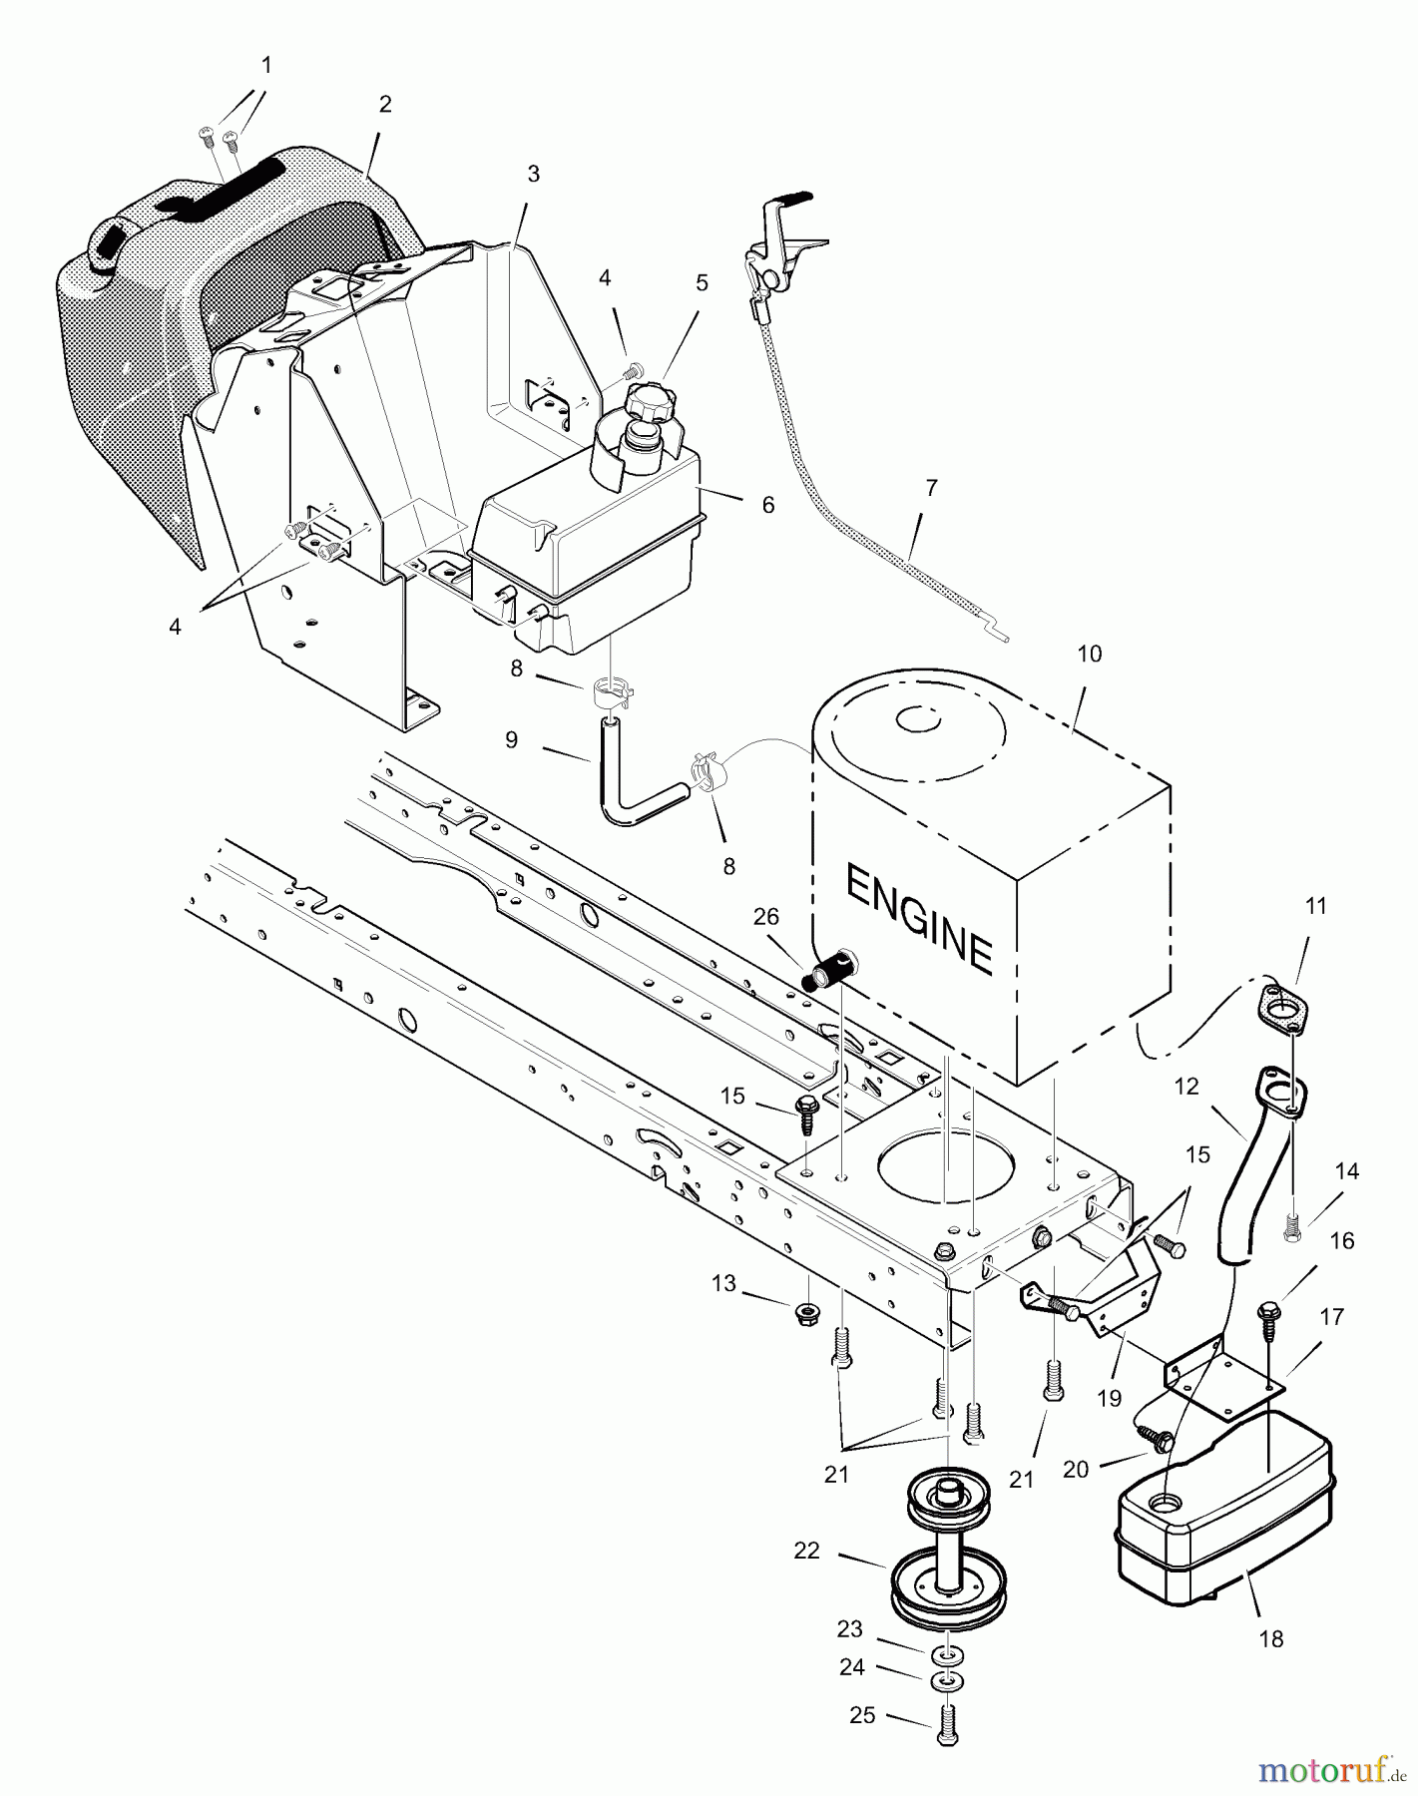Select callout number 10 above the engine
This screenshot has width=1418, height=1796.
(1090, 654)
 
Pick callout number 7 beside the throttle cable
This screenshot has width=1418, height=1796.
(932, 488)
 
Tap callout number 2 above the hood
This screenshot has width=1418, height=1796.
(385, 104)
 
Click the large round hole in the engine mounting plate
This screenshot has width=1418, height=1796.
(946, 1174)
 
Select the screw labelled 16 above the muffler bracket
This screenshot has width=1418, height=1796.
(1270, 1312)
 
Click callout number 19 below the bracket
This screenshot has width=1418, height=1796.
(1110, 1399)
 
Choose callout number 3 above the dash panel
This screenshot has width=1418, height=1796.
(533, 174)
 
